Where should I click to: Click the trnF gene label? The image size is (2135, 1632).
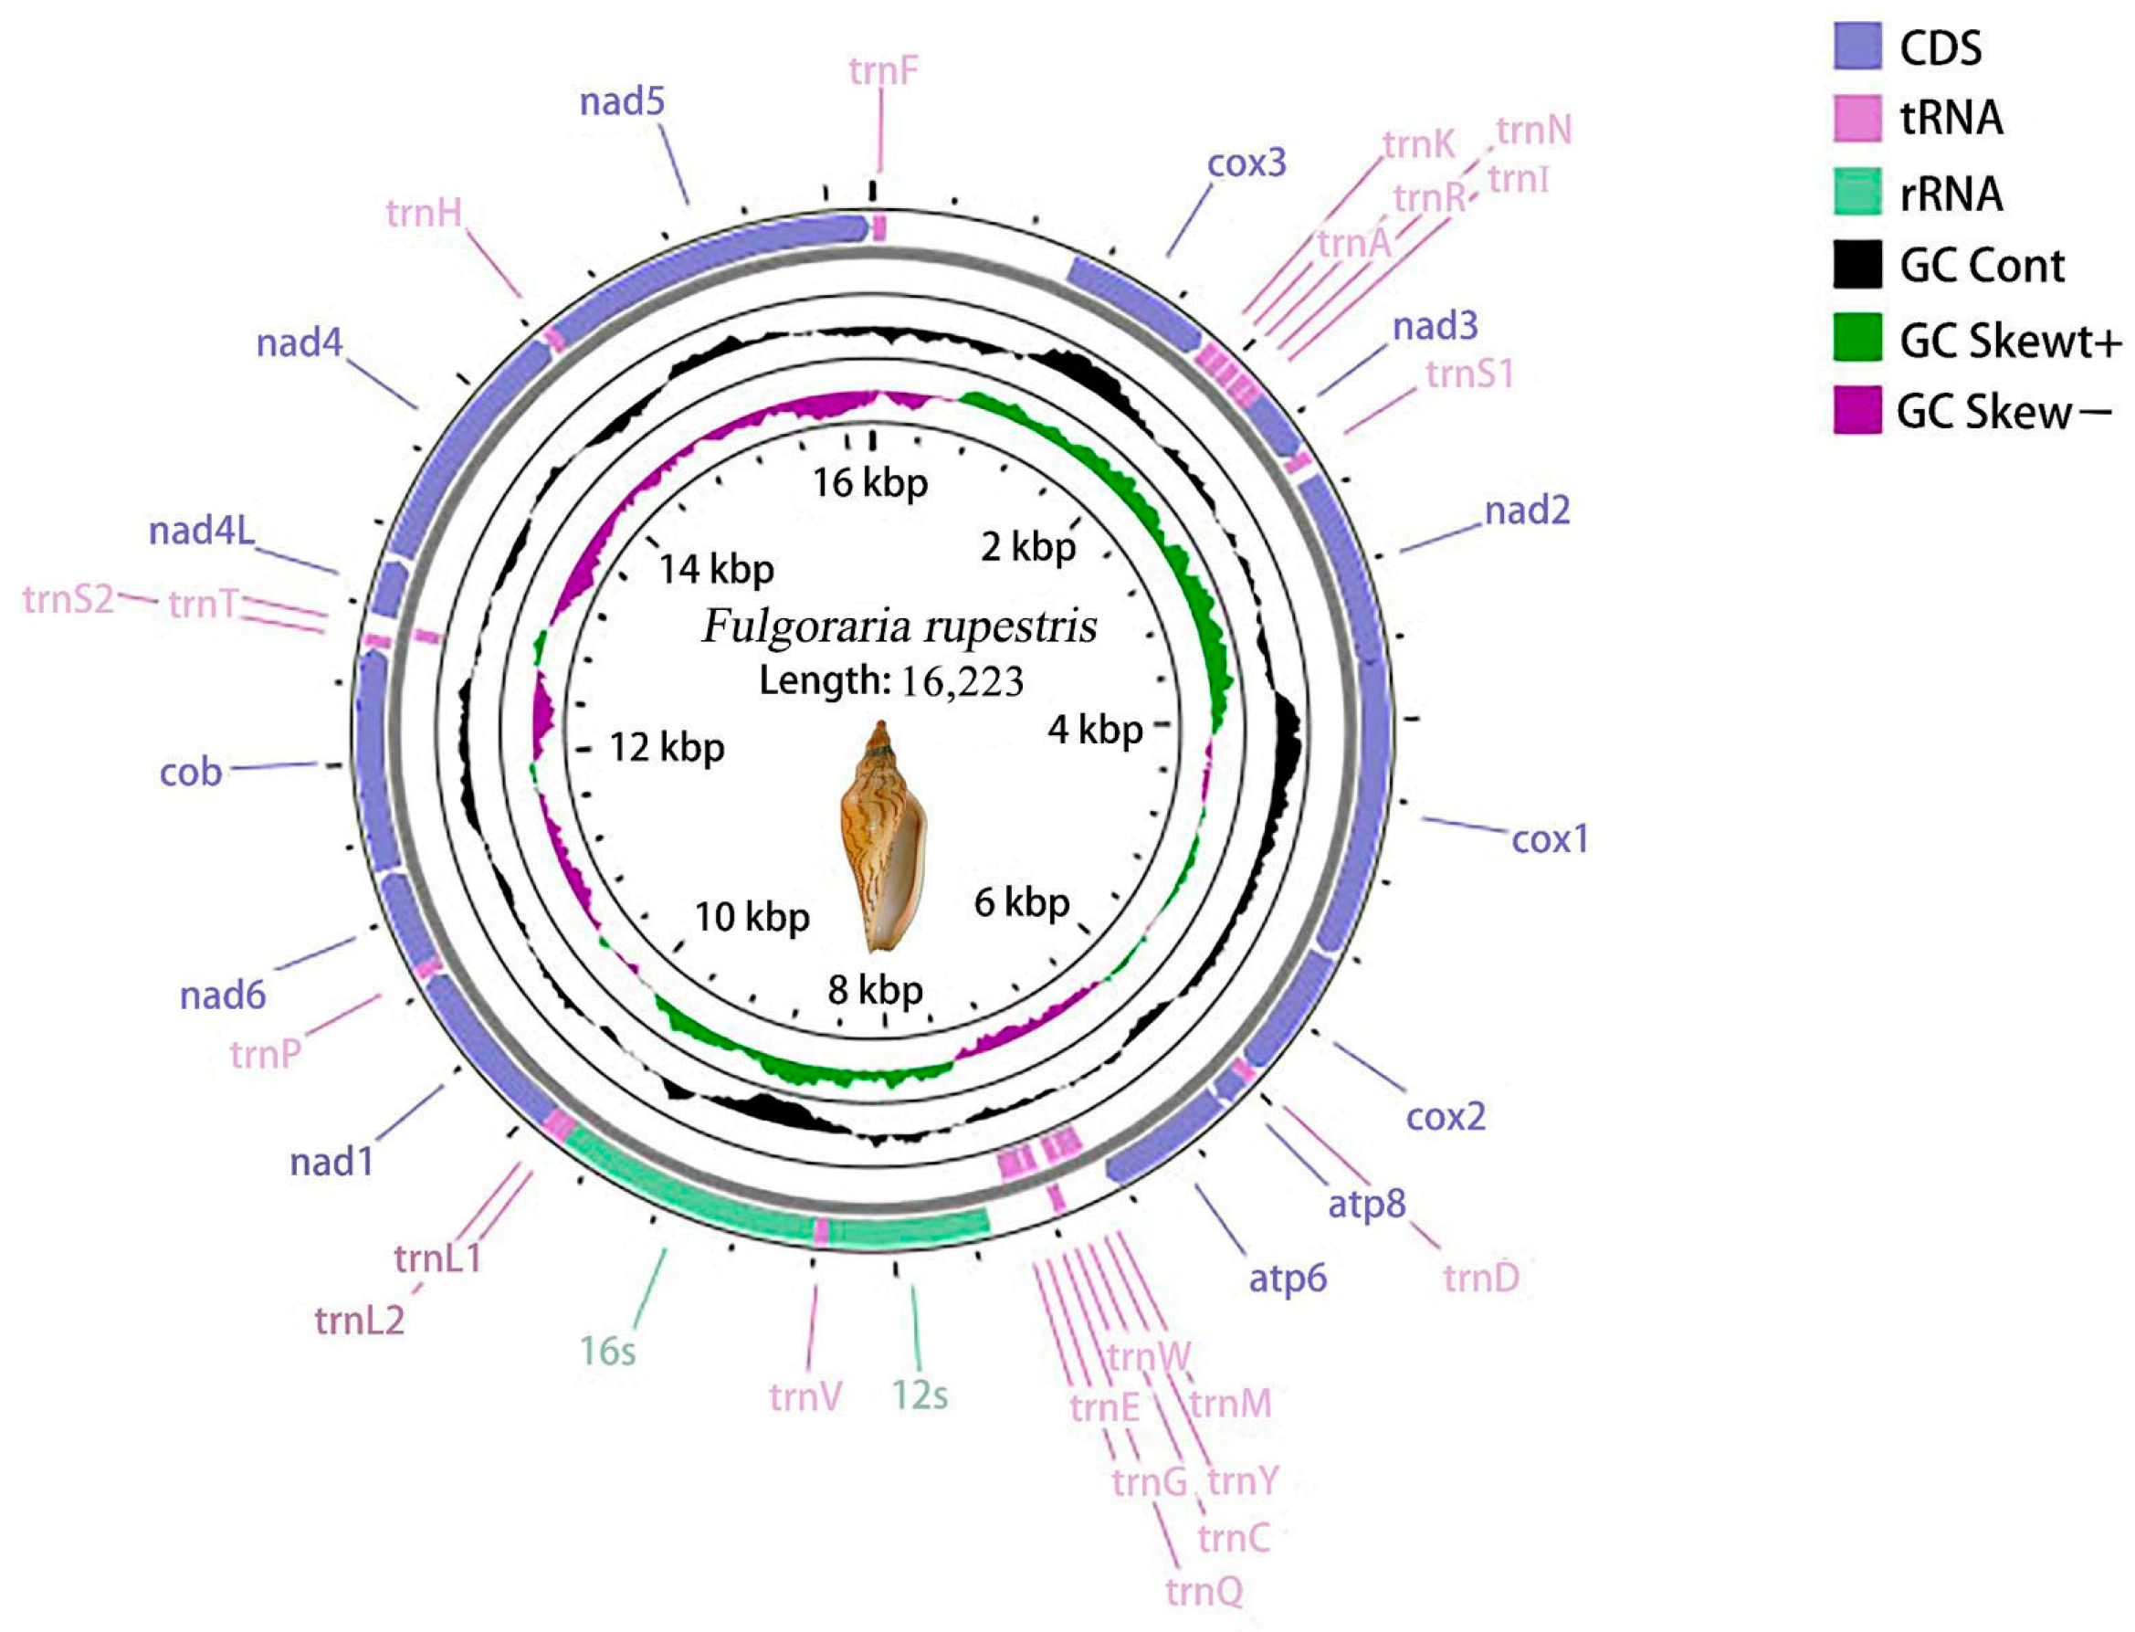882,70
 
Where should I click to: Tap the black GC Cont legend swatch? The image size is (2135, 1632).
1856,264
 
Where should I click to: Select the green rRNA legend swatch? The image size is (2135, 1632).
1856,193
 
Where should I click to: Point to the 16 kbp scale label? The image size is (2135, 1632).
869,483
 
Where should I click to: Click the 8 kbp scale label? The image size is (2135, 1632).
874,990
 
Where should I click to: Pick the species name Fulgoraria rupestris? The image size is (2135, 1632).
899,626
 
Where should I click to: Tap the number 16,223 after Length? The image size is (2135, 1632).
961,682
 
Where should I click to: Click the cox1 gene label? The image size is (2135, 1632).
1549,838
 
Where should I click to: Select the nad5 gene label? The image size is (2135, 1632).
622,101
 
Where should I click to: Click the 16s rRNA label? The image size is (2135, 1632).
607,1351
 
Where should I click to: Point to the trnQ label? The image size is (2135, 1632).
1204,1591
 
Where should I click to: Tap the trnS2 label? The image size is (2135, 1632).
68,599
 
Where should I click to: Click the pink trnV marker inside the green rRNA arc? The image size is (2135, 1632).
821,1232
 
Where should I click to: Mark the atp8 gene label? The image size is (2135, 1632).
1366,1204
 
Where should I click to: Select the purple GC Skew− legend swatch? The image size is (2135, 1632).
1856,410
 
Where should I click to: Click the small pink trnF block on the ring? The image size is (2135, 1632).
879,228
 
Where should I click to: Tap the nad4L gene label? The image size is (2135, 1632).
201,531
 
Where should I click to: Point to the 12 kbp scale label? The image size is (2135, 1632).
667,748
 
